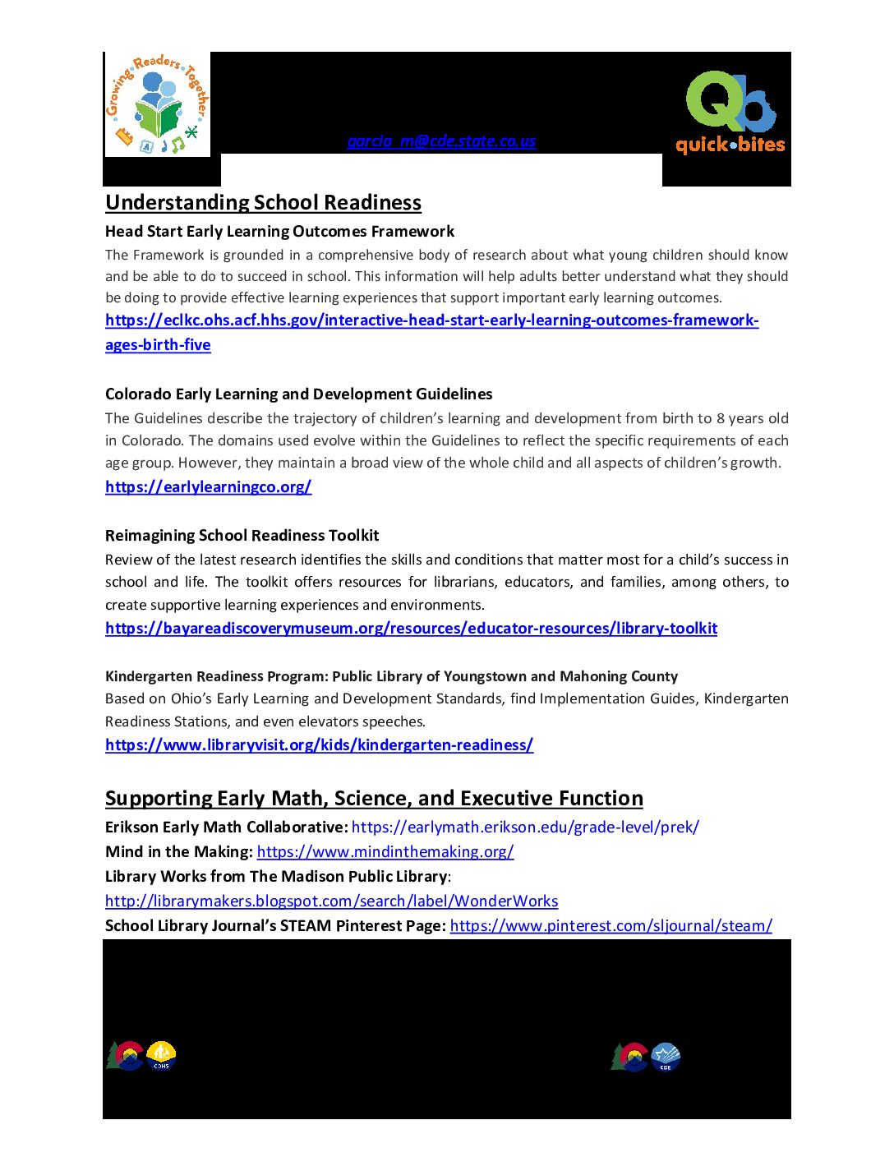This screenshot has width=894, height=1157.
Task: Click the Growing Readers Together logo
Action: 158,105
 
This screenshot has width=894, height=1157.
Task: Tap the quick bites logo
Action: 730,113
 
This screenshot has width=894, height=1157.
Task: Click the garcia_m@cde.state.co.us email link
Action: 441,141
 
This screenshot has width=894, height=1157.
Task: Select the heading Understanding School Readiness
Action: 263,203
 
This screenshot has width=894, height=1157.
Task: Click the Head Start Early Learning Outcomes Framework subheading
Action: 279,232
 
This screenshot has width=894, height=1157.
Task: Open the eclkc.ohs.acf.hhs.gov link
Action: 431,320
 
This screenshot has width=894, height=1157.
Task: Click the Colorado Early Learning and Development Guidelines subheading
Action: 298,394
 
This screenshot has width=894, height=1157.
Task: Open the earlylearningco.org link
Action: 208,487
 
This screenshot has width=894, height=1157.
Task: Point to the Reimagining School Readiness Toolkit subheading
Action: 242,536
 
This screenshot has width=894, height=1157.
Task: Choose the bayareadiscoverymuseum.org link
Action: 411,629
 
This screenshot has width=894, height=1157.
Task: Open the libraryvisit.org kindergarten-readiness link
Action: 319,745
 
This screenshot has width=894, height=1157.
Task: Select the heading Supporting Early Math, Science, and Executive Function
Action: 374,799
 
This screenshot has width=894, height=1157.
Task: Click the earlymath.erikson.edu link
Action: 525,827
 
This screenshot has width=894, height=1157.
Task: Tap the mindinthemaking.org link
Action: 385,852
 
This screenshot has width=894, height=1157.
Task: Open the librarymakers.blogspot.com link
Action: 331,901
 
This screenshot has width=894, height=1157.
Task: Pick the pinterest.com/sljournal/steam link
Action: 611,926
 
